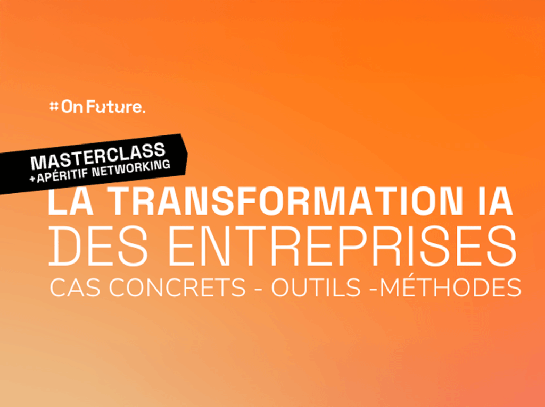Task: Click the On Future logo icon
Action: (54, 106)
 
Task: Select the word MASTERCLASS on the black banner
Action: (98, 157)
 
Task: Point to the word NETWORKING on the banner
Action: (131, 167)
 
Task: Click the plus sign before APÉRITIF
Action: (32, 180)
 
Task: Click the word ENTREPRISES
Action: (342, 245)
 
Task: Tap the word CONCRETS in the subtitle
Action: (178, 287)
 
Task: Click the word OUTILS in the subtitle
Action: (316, 287)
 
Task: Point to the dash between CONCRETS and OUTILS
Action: (259, 289)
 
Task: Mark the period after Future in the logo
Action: (143, 111)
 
